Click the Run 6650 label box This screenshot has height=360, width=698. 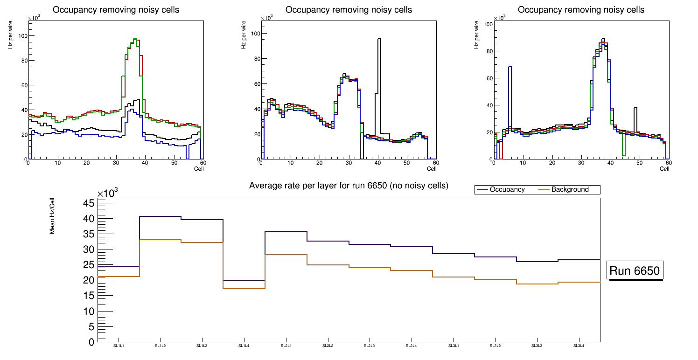click(635, 271)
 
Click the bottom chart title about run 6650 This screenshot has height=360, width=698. click(349, 186)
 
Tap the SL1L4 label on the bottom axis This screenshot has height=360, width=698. click(244, 346)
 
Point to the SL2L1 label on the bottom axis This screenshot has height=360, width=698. click(286, 346)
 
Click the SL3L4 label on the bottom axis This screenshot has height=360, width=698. click(579, 346)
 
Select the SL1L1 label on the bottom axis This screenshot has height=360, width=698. click(119, 346)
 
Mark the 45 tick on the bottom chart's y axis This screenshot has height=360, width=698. click(89, 203)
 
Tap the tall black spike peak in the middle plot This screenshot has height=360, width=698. click(379, 40)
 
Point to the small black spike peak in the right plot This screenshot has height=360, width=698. click(635, 108)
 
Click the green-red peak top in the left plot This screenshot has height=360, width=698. click(135, 39)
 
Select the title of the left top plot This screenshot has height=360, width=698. click(116, 10)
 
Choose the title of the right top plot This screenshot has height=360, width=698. click(581, 10)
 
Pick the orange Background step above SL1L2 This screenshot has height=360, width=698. click(160, 240)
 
